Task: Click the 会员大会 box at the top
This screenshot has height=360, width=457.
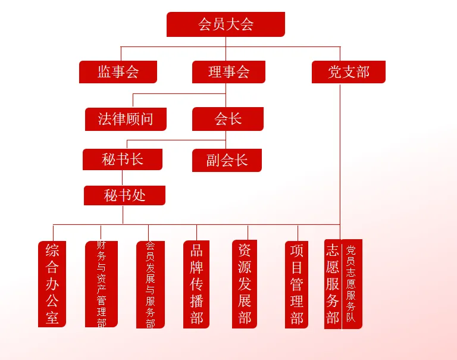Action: [226, 24]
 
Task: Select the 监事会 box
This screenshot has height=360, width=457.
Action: [118, 72]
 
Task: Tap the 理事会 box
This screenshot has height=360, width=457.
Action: [228, 72]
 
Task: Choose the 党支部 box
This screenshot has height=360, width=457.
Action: [348, 72]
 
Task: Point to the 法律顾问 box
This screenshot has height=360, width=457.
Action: [125, 119]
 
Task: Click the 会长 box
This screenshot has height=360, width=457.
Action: [227, 119]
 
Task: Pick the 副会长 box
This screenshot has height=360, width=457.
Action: [227, 160]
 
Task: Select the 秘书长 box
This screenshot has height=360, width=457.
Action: [123, 159]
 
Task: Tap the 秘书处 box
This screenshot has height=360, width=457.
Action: [124, 195]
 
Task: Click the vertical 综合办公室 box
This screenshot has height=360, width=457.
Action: [52, 284]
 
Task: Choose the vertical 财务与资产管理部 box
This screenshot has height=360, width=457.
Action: [101, 284]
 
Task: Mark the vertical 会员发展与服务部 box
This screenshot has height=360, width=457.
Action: [150, 284]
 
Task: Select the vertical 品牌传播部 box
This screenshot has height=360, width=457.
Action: [196, 284]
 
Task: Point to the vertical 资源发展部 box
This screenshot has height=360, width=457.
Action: [245, 284]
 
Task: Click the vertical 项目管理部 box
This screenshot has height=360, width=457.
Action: [296, 284]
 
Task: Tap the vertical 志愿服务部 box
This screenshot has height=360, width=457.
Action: [333, 284]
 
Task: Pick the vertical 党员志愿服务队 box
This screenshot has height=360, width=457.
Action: [352, 284]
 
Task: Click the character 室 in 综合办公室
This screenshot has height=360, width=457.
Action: [52, 318]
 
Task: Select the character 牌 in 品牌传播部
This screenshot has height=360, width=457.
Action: [196, 267]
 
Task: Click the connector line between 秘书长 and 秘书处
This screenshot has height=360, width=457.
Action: [123, 178]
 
